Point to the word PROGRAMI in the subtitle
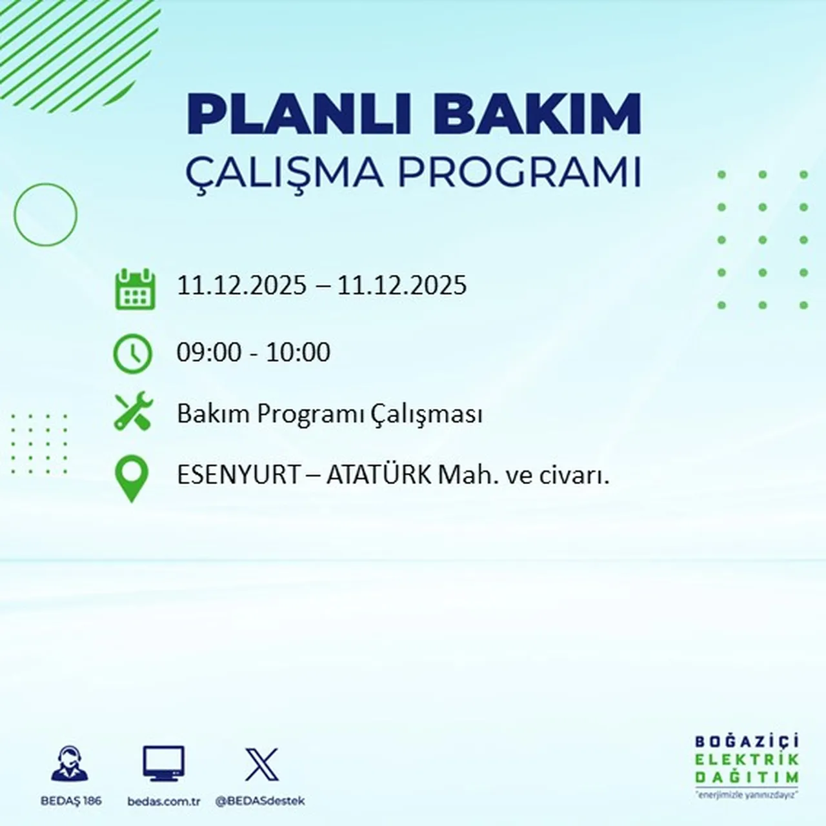click(x=519, y=173)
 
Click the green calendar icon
click(x=135, y=290)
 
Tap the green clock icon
click(x=133, y=354)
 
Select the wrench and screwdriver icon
click(x=133, y=412)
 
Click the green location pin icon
click(x=132, y=478)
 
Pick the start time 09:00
click(x=209, y=352)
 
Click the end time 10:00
click(x=298, y=352)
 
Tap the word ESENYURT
click(x=239, y=476)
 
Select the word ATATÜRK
click(x=379, y=476)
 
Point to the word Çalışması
click(x=427, y=414)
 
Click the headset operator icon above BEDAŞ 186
click(x=70, y=764)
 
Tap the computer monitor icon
click(x=163, y=764)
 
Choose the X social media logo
click(x=261, y=765)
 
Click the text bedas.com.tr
click(x=164, y=801)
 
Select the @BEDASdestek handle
click(x=259, y=801)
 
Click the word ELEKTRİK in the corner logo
click(x=747, y=760)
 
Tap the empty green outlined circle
click(x=45, y=214)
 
